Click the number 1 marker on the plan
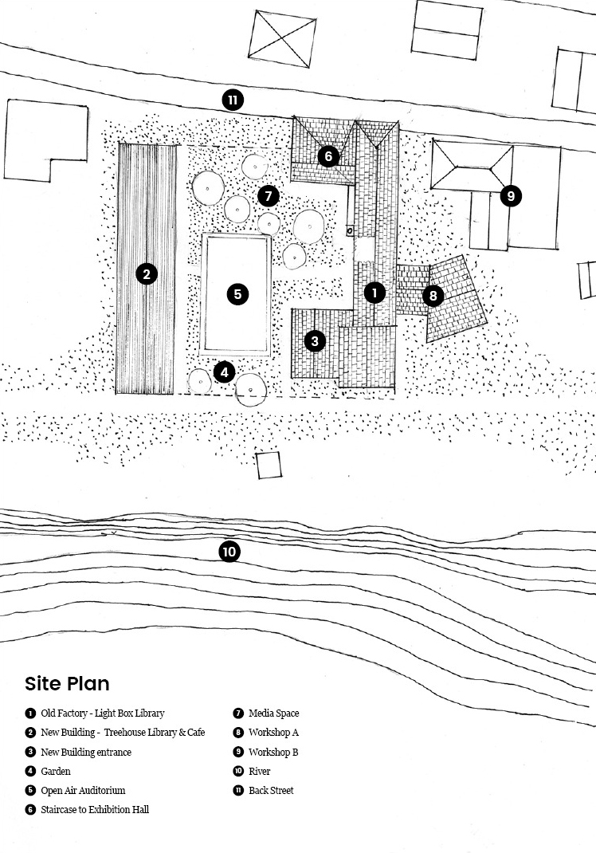pos(374,293)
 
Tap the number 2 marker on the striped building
pos(146,274)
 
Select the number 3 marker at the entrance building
pos(315,341)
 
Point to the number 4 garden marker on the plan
pos(225,371)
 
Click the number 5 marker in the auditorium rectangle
pos(237,293)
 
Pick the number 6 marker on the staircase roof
pos(328,156)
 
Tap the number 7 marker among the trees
pos(269,195)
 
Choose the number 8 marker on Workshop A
pos(433,296)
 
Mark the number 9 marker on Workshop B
pos(511,195)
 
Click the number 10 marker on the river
pos(229,551)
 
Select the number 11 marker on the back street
pos(233,100)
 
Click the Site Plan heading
pos(67,684)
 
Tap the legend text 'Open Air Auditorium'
pos(83,791)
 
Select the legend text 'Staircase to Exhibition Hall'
pos(95,810)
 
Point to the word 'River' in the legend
pos(259,772)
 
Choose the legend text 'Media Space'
pos(273,713)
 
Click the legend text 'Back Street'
pos(271,791)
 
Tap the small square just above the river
pos(269,465)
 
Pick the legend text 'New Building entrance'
pos(86,752)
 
